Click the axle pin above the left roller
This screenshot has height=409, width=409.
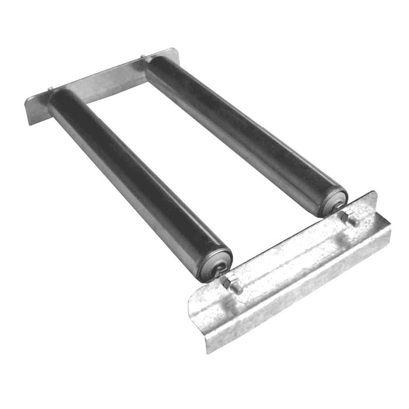tap(51, 89)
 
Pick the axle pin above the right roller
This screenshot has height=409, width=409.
tap(143, 56)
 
